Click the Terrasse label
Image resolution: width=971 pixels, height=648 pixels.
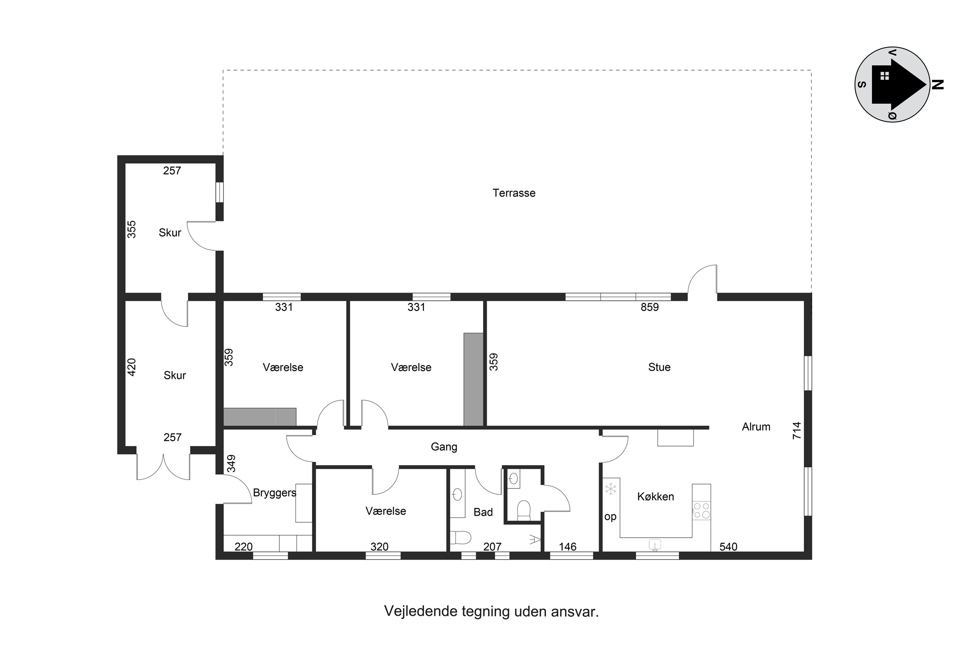[x=514, y=193]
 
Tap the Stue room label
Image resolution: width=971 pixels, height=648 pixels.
[x=659, y=367]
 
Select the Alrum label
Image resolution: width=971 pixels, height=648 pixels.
[x=756, y=427]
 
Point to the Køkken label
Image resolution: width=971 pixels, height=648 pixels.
[x=656, y=496]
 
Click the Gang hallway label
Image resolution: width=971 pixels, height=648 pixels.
[x=444, y=447]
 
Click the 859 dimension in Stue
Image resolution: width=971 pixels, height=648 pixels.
[x=649, y=307]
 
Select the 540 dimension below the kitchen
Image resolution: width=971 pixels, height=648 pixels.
[x=728, y=547]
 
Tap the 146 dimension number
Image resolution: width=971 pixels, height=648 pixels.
[x=567, y=547]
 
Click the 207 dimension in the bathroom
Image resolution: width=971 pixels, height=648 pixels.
[x=492, y=547]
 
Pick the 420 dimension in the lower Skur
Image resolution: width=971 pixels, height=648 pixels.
[x=131, y=367]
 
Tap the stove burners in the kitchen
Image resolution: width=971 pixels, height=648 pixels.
[x=701, y=510]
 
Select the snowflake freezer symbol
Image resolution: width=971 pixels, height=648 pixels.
[x=610, y=489]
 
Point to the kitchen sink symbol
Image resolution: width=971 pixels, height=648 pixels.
[x=655, y=545]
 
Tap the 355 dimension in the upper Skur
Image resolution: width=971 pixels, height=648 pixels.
[x=131, y=229]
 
